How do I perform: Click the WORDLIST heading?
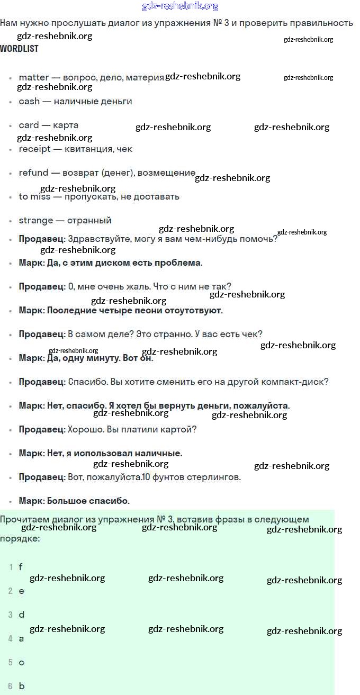click(x=19, y=49)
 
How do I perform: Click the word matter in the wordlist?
click(x=33, y=77)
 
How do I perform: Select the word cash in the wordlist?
click(x=29, y=101)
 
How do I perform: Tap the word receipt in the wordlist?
click(x=35, y=149)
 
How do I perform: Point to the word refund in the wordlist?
click(x=33, y=173)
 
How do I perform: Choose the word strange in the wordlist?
click(x=36, y=220)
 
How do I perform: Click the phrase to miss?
click(x=34, y=196)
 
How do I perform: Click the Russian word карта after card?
click(x=66, y=125)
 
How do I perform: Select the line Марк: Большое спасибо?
click(x=74, y=501)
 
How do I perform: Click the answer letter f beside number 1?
click(x=21, y=567)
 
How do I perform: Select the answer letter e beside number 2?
click(x=21, y=591)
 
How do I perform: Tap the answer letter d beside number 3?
click(x=22, y=615)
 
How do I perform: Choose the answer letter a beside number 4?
click(x=21, y=638)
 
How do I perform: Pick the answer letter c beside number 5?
click(x=21, y=662)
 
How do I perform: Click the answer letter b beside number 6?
click(x=22, y=686)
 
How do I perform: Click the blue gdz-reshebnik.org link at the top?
click(x=180, y=6)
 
